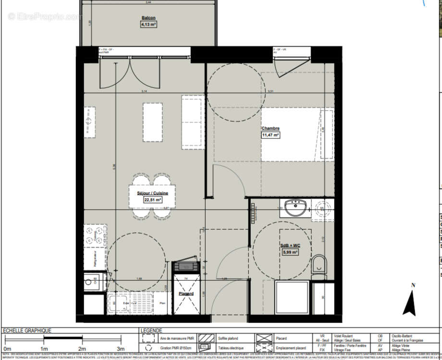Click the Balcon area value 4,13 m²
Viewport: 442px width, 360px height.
[x=148, y=25]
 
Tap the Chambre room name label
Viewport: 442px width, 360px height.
[x=270, y=128]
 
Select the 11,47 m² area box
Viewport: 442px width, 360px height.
[x=270, y=135]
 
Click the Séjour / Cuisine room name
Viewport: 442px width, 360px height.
[x=152, y=193]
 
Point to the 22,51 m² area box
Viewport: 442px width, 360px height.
[x=152, y=200]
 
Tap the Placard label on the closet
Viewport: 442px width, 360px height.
[x=186, y=294]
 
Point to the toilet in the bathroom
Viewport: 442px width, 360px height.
[x=319, y=265]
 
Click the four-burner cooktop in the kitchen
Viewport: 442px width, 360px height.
[x=95, y=236]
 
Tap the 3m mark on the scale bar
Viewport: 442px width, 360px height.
[x=121, y=348]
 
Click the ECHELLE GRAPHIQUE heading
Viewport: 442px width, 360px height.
[x=27, y=331]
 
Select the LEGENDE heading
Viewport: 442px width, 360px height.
[x=151, y=331]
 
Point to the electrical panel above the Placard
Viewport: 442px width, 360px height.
[x=185, y=266]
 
